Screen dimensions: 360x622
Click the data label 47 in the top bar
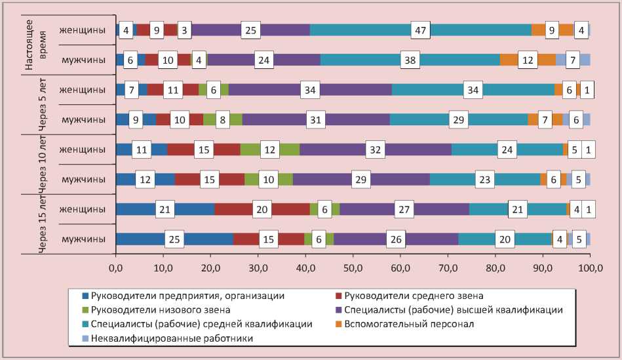420,30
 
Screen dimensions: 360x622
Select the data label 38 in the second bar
410,60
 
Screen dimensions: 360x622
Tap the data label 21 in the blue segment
165,209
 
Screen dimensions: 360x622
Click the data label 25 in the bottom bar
174,240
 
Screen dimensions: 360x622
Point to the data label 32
375,150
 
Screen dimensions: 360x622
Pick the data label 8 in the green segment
223,120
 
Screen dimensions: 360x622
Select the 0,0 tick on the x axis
116,268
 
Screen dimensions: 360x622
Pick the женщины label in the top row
82,30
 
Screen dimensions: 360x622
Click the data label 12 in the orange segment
528,60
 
